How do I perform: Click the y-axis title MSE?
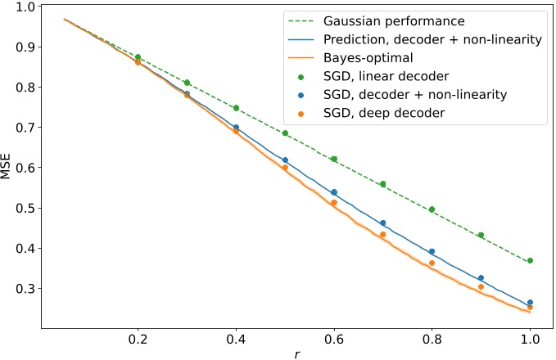click(x=11, y=168)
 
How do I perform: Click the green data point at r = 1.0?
click(x=531, y=260)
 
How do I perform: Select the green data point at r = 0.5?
click(x=285, y=133)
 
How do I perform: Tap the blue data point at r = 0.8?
click(x=432, y=252)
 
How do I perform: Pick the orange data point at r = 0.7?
click(x=383, y=235)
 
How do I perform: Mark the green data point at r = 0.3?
click(x=187, y=83)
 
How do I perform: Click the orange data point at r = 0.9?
click(x=481, y=287)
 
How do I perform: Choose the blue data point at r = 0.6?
click(x=334, y=192)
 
